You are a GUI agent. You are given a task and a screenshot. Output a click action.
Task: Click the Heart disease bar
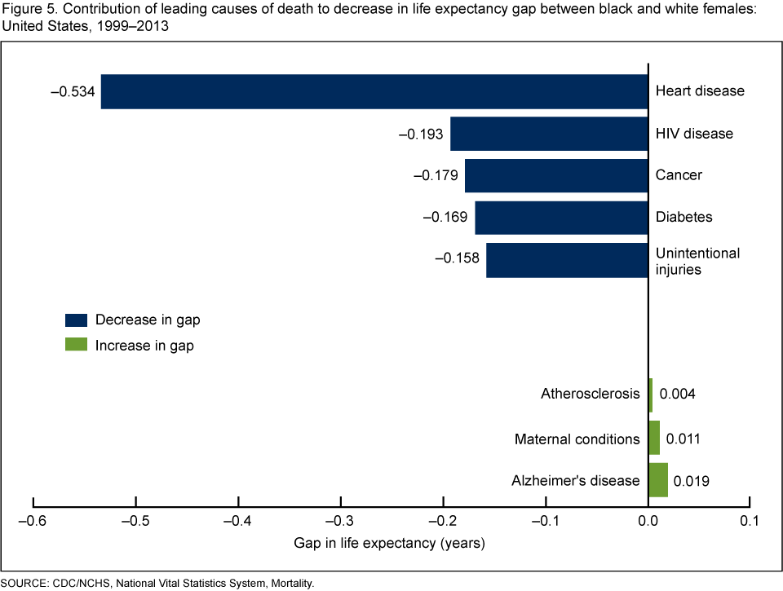point(374,91)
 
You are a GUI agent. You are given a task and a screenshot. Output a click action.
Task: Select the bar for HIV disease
point(549,134)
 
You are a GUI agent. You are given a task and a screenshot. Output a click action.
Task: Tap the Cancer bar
point(556,175)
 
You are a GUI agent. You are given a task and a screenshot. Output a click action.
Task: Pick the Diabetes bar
point(561,218)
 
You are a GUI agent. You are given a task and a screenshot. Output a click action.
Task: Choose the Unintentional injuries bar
point(567,260)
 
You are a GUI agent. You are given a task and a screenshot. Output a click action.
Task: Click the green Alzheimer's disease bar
point(658,480)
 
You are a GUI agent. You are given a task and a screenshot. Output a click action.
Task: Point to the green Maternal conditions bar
point(654,439)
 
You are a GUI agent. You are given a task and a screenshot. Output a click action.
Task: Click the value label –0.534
point(72,91)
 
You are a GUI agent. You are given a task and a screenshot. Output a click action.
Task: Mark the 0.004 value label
point(678,395)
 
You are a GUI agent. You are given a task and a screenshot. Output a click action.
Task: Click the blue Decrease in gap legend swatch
point(76,319)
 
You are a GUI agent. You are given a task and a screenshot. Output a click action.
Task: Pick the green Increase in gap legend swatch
point(76,345)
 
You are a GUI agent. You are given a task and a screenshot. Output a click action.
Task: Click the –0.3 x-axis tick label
point(340,520)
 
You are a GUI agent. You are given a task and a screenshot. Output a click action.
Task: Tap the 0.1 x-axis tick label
point(750,520)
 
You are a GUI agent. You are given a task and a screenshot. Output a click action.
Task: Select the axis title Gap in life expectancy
point(391,543)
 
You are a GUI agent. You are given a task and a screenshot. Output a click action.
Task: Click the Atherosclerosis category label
point(591,395)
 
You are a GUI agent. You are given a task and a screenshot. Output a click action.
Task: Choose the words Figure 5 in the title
point(24,8)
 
